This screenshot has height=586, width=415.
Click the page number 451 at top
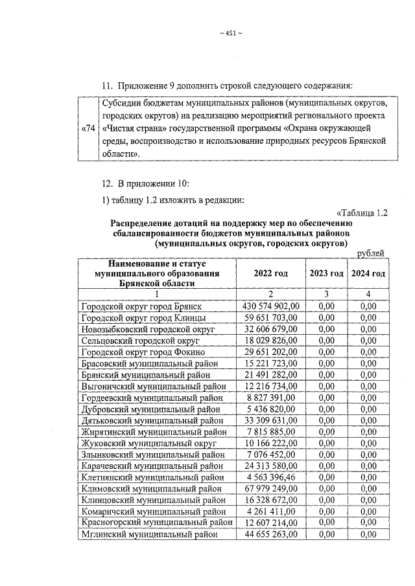231,34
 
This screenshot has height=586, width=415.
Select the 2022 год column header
271,274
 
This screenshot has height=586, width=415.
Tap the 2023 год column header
326,274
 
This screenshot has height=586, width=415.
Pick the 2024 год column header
368,274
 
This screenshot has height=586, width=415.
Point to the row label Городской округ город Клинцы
144,318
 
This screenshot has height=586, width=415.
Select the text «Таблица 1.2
363,212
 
